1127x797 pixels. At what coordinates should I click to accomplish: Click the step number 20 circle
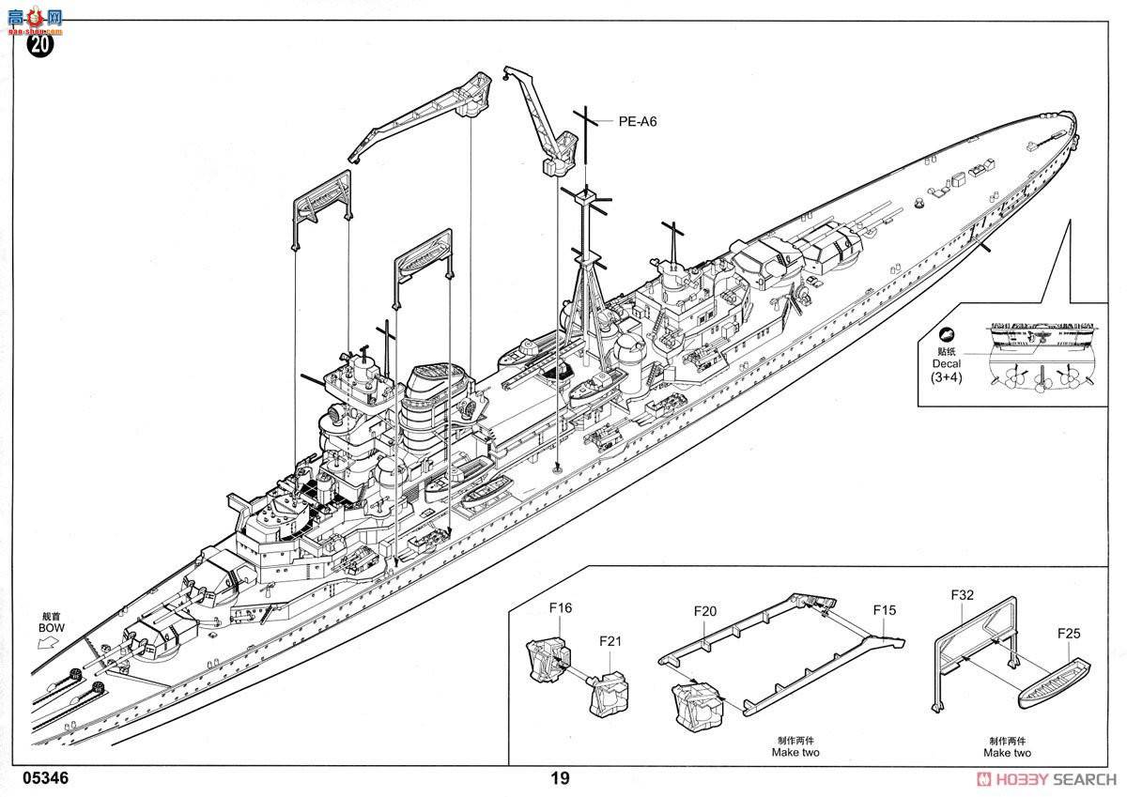pyautogui.click(x=41, y=44)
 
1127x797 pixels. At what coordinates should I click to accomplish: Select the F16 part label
pyautogui.click(x=561, y=608)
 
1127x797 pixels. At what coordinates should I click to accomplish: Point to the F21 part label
pyautogui.click(x=610, y=641)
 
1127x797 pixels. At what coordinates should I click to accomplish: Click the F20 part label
pyautogui.click(x=705, y=611)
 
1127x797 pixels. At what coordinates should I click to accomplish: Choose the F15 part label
pyautogui.click(x=884, y=610)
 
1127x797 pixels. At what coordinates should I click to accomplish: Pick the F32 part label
pyautogui.click(x=962, y=594)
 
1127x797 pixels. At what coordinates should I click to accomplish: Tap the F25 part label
pyautogui.click(x=1069, y=634)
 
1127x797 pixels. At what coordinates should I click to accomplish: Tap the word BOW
pyautogui.click(x=51, y=626)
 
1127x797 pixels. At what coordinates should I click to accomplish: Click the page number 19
pyautogui.click(x=560, y=778)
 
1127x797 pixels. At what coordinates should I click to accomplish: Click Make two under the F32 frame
pyautogui.click(x=1007, y=753)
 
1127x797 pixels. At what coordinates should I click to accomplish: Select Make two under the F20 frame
pyautogui.click(x=795, y=753)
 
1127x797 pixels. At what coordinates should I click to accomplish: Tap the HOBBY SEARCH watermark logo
pyautogui.click(x=1046, y=779)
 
